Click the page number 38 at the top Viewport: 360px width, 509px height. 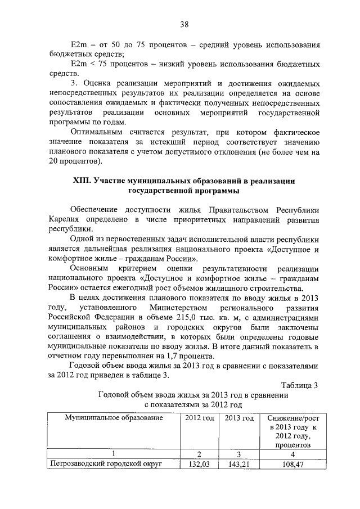point(184,24)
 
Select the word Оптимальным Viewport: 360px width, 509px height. point(98,131)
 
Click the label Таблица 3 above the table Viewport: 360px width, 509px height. point(299,385)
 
